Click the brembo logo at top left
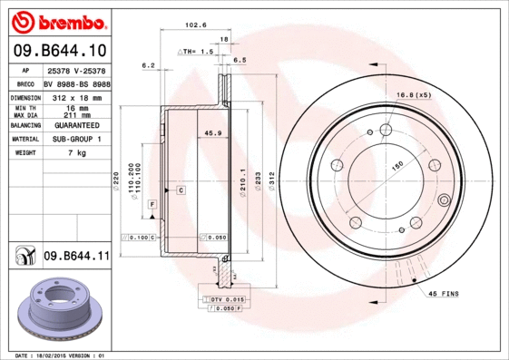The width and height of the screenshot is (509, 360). pyautogui.click(x=55, y=21)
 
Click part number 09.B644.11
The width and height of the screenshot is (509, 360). pyautogui.click(x=75, y=258)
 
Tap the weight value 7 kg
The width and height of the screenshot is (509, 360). pyautogui.click(x=77, y=153)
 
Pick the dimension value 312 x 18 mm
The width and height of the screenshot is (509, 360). pyautogui.click(x=77, y=96)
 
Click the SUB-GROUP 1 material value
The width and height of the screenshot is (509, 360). pyautogui.click(x=77, y=139)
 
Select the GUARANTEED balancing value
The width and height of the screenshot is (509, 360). pyautogui.click(x=77, y=125)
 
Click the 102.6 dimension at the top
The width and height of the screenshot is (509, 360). pyautogui.click(x=191, y=24)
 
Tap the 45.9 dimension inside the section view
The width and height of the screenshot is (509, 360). pyautogui.click(x=213, y=133)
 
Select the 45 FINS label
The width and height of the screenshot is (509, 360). pyautogui.click(x=444, y=294)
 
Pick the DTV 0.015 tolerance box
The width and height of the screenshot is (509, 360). pyautogui.click(x=222, y=298)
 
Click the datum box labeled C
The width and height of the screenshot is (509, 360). pyautogui.click(x=181, y=190)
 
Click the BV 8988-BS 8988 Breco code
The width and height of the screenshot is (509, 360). pyautogui.click(x=77, y=83)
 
